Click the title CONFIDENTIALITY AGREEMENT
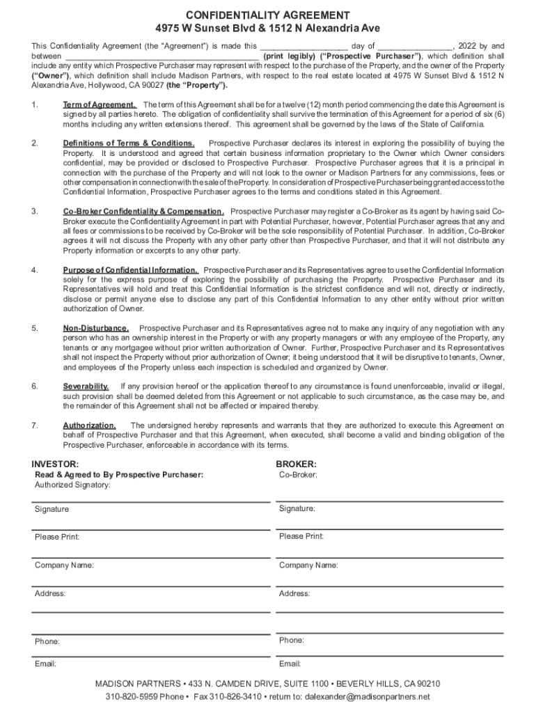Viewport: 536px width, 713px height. point(267,15)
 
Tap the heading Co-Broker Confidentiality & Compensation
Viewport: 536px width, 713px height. point(143,212)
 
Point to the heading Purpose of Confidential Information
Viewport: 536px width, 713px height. point(131,270)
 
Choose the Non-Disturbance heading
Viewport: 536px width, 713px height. point(96,328)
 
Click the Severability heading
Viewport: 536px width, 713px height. point(86,386)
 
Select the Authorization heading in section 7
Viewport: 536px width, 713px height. point(89,425)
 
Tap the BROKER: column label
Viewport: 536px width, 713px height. point(297,464)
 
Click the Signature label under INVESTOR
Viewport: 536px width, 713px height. point(52,510)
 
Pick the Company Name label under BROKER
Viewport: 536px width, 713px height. point(308,565)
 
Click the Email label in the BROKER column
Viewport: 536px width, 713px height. point(290,664)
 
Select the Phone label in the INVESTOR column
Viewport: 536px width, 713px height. point(47,641)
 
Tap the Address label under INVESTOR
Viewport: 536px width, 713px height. point(50,594)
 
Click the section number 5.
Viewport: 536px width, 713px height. point(35,328)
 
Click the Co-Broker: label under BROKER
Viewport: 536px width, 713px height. point(299,475)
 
